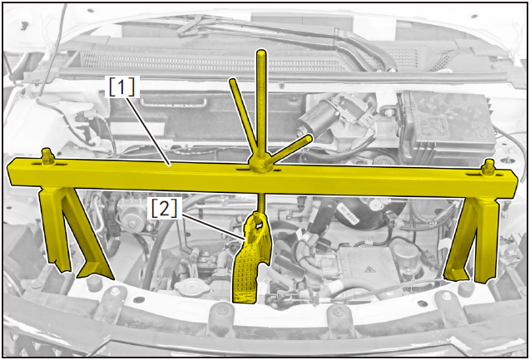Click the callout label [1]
tap(121, 86)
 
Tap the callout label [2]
tap(164, 209)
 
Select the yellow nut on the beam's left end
tap(47, 157)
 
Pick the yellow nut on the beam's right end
tap(488, 167)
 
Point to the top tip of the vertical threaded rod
tap(261, 52)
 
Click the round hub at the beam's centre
tap(260, 165)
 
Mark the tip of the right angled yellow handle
tap(309, 137)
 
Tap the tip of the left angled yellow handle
tap(232, 81)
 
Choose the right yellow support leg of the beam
tap(473, 239)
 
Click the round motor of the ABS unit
tap(133, 215)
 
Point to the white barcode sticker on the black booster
tap(349, 216)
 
